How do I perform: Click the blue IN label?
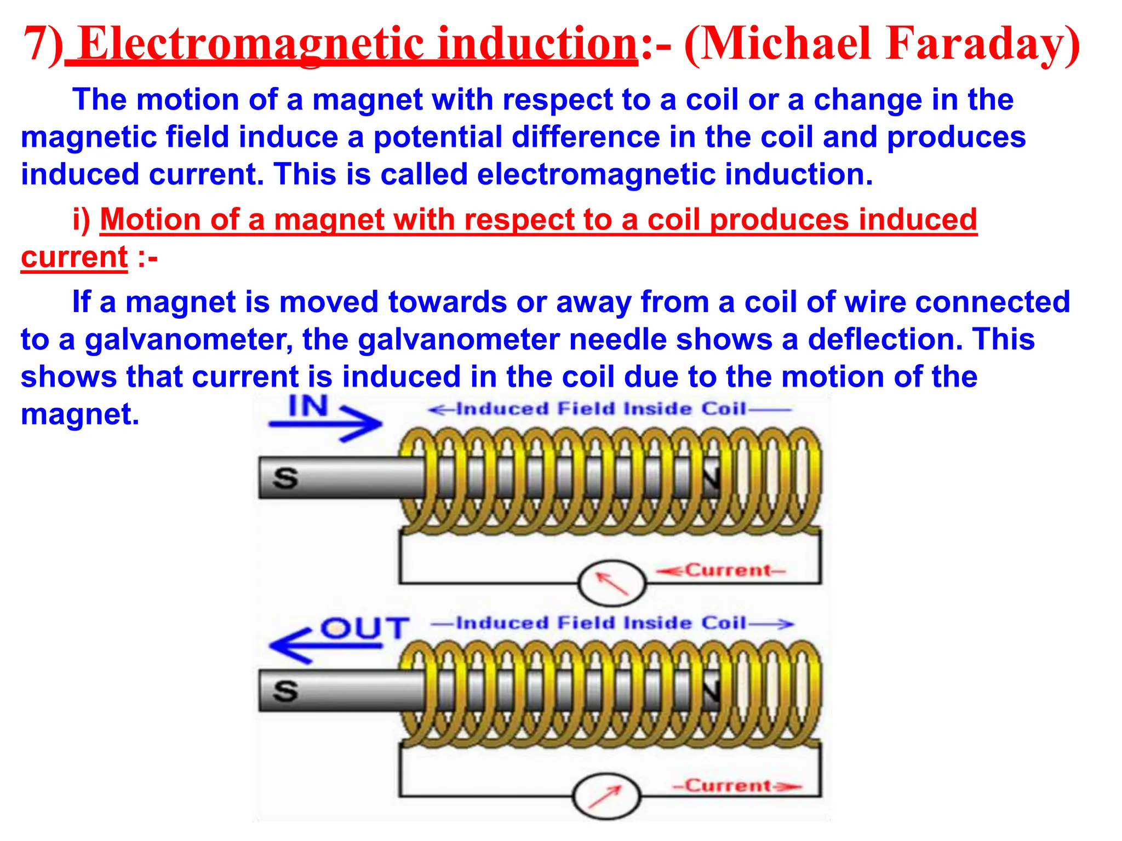(x=308, y=406)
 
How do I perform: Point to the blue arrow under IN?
(x=327, y=423)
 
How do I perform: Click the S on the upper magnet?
(x=285, y=478)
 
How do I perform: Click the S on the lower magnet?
(x=285, y=691)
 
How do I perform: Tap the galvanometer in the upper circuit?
(x=612, y=583)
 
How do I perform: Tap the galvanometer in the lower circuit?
(x=606, y=796)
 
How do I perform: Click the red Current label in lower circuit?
(x=729, y=786)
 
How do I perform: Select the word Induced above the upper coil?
(x=502, y=409)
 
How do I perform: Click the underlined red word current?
(x=74, y=257)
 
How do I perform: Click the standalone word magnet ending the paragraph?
(x=80, y=414)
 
